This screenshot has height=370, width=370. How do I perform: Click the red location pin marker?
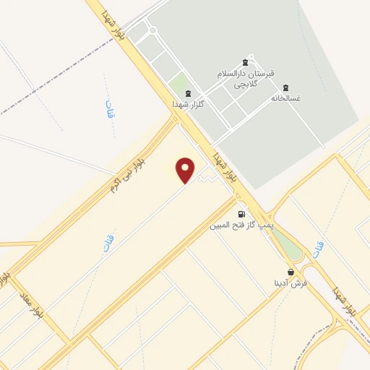186,169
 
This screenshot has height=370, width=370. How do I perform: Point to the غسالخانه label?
285,98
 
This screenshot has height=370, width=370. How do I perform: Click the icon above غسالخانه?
286,87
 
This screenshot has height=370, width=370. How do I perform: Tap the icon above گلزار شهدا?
188,93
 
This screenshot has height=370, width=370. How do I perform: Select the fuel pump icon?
241,214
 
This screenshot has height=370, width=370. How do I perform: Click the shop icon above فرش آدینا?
291,272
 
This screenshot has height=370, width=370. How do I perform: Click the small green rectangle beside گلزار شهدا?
178,83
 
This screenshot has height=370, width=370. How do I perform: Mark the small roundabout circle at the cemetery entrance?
152,30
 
